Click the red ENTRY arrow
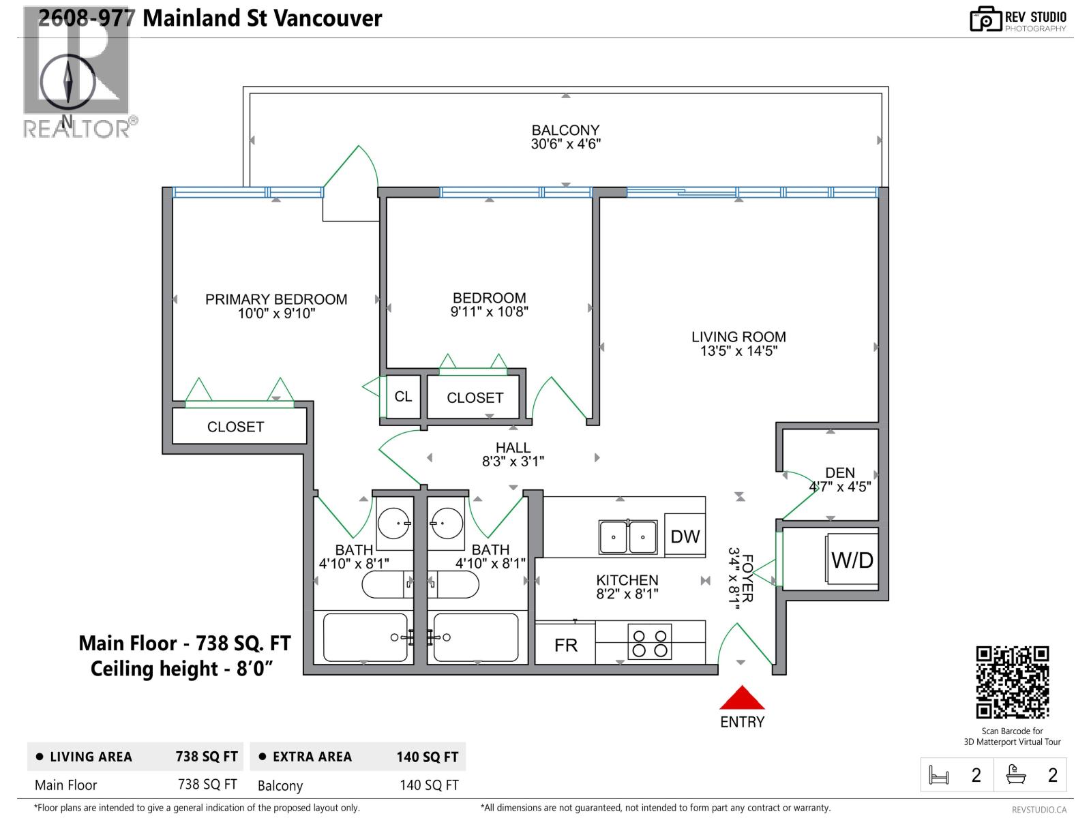point(742,698)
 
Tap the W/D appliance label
point(852,560)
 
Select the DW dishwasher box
point(685,536)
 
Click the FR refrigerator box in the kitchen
point(565,645)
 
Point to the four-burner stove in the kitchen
point(649,643)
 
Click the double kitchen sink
point(627,536)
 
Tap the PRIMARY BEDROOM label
point(276,306)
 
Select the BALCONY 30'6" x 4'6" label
point(565,136)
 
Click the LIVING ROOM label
point(738,344)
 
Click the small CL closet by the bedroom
point(403,397)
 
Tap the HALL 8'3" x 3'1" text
point(513,454)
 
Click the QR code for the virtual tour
point(1012,682)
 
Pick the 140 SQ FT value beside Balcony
point(429,785)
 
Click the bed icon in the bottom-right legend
point(939,775)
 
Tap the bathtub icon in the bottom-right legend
point(1016,775)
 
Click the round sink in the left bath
point(394,523)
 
